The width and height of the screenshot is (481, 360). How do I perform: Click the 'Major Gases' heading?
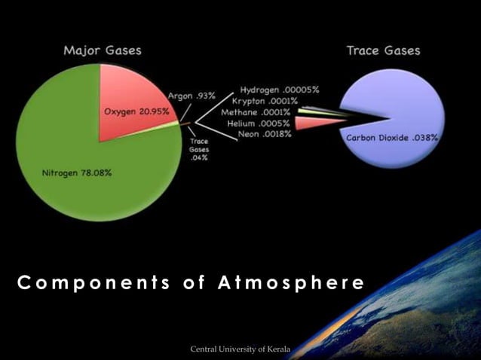102,50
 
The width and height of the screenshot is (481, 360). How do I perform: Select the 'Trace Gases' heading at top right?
383,50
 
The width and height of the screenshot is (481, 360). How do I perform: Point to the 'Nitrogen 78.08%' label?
76,172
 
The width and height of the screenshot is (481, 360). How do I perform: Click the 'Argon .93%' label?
191,96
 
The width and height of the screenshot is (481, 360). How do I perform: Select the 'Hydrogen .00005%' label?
279,89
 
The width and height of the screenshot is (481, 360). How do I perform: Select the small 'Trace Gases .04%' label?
199,148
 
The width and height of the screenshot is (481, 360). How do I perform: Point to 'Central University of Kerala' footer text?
240,348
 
